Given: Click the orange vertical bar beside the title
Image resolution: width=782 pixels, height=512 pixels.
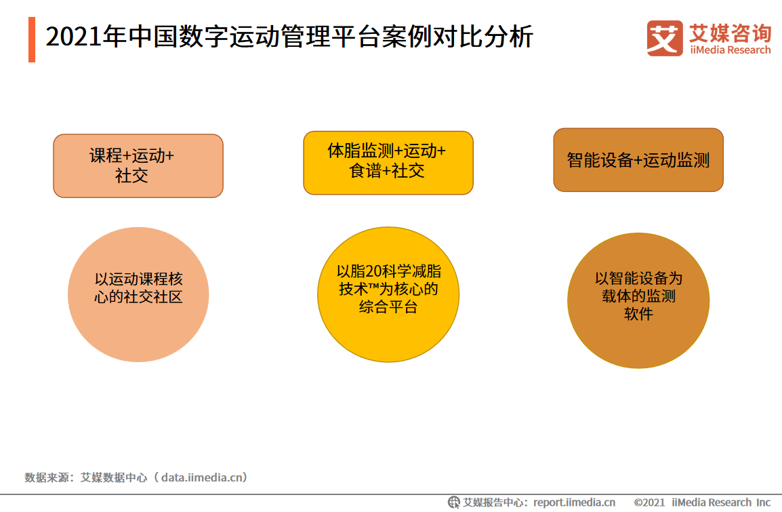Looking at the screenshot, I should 32,40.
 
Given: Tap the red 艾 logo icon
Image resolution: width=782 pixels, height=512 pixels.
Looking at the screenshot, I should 664,38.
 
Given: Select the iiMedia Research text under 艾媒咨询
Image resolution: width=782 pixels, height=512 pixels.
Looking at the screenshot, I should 730,50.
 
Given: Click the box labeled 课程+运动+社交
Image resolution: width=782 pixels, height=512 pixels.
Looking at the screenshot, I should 138,165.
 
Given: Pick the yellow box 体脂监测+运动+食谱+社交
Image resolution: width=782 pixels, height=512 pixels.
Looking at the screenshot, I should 388,162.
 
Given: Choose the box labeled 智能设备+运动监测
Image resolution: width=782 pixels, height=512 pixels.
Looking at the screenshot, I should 638,160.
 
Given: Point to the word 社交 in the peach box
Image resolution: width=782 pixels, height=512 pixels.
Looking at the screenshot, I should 131,176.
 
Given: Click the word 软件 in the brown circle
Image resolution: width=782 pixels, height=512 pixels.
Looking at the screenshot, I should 638,314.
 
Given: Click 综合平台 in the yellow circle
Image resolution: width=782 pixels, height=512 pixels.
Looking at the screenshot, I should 388,307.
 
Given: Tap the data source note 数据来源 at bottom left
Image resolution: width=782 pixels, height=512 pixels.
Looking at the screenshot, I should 51,477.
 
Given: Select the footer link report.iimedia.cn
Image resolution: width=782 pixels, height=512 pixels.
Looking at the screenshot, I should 574,503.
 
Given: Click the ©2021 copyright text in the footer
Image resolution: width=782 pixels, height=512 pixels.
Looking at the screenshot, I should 649,503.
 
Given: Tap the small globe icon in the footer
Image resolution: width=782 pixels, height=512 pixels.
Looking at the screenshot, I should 453,503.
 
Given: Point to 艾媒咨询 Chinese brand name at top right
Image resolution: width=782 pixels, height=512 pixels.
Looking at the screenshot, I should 730,33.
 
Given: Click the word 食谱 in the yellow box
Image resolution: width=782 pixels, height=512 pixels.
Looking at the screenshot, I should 365,171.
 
